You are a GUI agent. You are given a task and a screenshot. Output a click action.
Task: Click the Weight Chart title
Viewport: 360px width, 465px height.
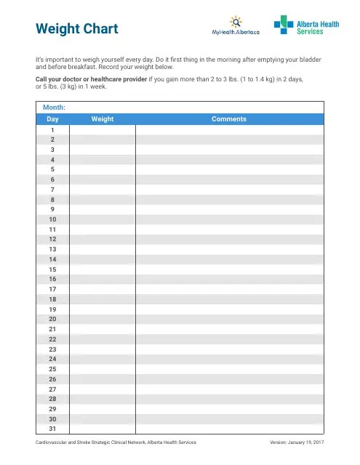pyautogui.click(x=76, y=30)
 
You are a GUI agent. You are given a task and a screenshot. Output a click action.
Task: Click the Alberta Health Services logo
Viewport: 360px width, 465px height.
pyautogui.click(x=306, y=26)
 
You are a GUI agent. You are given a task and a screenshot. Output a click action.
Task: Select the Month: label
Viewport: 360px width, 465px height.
pyautogui.click(x=55, y=107)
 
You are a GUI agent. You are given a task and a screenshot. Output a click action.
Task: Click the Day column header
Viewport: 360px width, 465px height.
pyautogui.click(x=52, y=118)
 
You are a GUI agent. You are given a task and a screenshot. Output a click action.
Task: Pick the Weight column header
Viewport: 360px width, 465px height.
pyautogui.click(x=103, y=118)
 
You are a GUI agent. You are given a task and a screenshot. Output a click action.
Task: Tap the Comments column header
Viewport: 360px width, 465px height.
pyautogui.click(x=228, y=118)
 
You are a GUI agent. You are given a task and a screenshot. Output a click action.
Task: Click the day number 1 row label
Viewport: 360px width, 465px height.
pyautogui.click(x=52, y=129)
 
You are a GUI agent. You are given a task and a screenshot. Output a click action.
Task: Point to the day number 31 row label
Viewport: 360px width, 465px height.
pyautogui.click(x=52, y=429)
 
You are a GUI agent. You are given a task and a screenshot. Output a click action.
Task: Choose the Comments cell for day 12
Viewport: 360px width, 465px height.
pyautogui.click(x=228, y=239)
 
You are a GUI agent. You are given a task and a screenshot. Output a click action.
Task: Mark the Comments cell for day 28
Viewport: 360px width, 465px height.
pyautogui.click(x=228, y=399)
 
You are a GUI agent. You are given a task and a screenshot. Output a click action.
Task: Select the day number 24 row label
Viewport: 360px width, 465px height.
pyautogui.click(x=52, y=359)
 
